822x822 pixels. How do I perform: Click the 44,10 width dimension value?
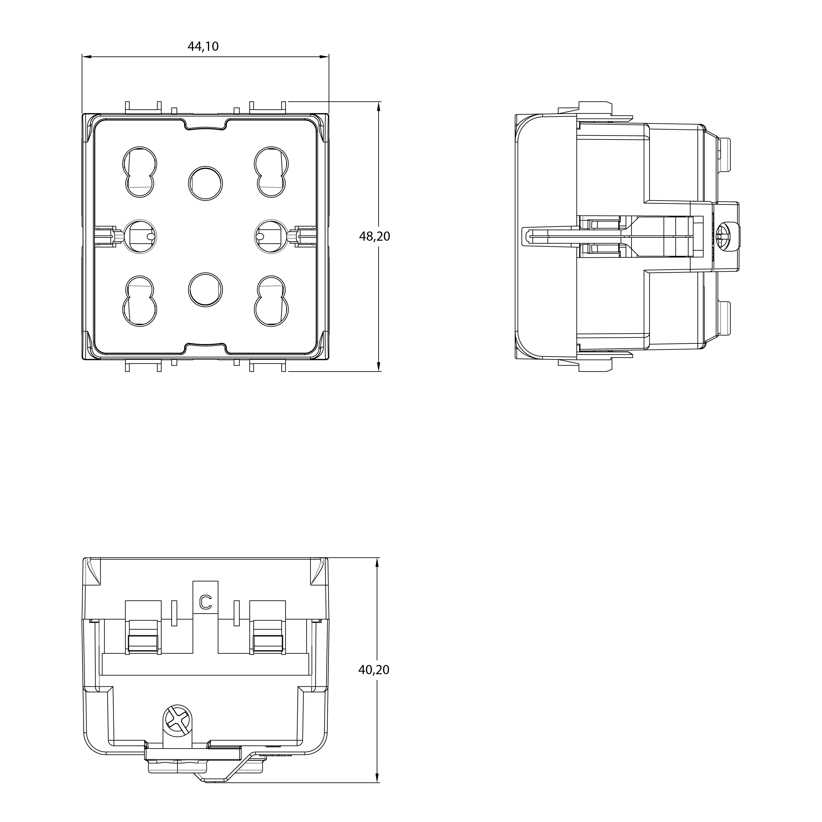(x=203, y=46)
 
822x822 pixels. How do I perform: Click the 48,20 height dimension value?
(x=374, y=236)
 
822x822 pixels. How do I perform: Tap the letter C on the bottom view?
(x=205, y=602)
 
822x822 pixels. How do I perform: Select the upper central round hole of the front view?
(x=205, y=183)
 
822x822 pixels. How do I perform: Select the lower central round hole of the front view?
(x=205, y=290)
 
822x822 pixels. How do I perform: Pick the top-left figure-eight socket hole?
(x=140, y=172)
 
